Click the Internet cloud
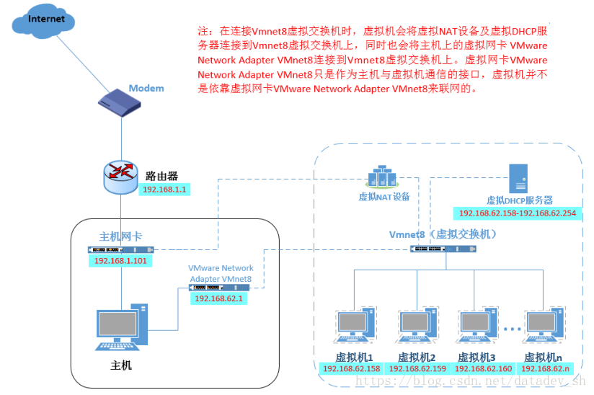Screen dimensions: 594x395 pyautogui.click(x=43, y=21)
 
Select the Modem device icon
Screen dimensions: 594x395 pyautogui.click(x=120, y=102)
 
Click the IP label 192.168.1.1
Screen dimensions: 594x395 pyautogui.click(x=164, y=190)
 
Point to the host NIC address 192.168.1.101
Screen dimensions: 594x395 pyautogui.click(x=120, y=260)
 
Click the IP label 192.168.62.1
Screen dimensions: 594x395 pyautogui.click(x=218, y=298)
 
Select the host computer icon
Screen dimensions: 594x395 pyautogui.click(x=121, y=327)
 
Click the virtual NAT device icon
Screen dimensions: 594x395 pyautogui.click(x=382, y=177)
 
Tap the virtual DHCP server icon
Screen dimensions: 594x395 pyautogui.click(x=518, y=179)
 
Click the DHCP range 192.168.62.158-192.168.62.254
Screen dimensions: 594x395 pyautogui.click(x=518, y=213)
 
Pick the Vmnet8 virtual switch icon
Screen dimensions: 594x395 pyautogui.click(x=443, y=249)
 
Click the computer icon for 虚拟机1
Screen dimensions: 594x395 pyautogui.click(x=355, y=325)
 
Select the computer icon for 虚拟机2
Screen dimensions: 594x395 pyautogui.click(x=417, y=325)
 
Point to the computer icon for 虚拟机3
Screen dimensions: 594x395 pyautogui.click(x=476, y=325)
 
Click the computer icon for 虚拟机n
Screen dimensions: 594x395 pyautogui.click(x=544, y=325)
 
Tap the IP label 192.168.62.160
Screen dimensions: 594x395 pyautogui.click(x=484, y=368)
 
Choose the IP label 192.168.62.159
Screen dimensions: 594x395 pyautogui.click(x=417, y=368)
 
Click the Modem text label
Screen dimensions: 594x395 pyautogui.click(x=146, y=88)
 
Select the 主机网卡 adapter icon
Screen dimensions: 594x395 pyautogui.click(x=121, y=249)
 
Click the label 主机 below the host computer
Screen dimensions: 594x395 pyautogui.click(x=121, y=365)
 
